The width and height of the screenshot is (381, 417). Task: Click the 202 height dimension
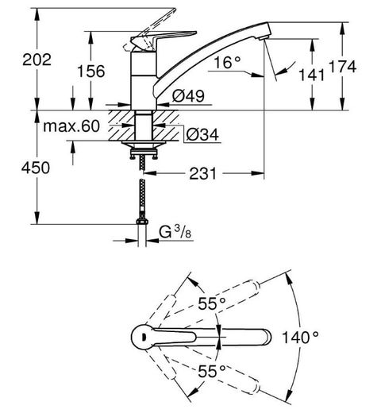pos(37,60)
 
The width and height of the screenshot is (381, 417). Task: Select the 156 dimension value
pos(90,71)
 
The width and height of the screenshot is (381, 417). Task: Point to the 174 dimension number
pos(342,67)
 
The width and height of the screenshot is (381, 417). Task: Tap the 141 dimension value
pos(312,75)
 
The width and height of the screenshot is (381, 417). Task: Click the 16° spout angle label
pos(227,63)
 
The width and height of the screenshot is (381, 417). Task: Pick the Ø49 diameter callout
pos(188,96)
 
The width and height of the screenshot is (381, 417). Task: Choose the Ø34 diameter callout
pos(202,134)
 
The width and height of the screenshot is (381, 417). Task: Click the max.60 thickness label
pos(71,126)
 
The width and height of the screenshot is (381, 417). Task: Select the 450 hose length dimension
pos(36,168)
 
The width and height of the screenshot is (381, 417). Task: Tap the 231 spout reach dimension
pos(203,174)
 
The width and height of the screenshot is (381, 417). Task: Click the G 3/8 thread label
pos(175,232)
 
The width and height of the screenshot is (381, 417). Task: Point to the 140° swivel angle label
pos(300,338)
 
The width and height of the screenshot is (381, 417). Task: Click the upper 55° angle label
pos(212,303)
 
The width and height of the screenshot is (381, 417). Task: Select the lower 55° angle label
pos(212,371)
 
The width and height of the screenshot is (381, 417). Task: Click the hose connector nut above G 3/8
pos(142,222)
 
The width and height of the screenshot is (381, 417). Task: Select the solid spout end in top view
pos(265,338)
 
